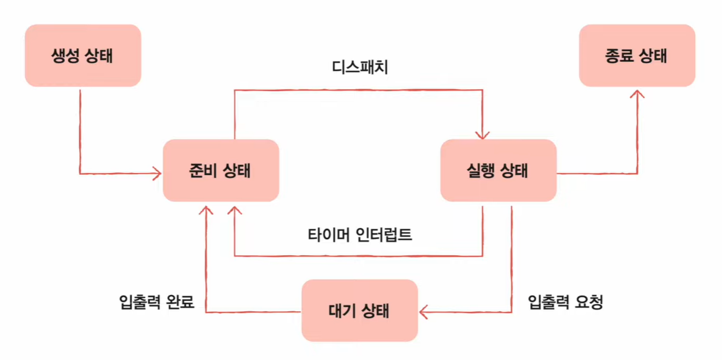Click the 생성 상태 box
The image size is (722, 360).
click(x=83, y=56)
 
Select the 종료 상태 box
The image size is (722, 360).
click(x=637, y=56)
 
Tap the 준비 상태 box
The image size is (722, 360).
click(x=221, y=170)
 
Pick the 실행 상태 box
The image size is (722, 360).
click(x=498, y=170)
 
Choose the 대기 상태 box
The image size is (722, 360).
click(x=359, y=310)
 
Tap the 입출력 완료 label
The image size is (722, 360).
click(x=157, y=302)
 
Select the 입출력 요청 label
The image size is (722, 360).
click(x=566, y=302)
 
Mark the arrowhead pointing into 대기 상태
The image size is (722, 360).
click(x=423, y=312)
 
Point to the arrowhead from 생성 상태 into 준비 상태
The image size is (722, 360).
click(x=158, y=174)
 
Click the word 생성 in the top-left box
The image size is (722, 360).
click(x=66, y=56)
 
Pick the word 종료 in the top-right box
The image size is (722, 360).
click(x=620, y=56)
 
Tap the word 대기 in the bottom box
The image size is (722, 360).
click(x=342, y=310)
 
